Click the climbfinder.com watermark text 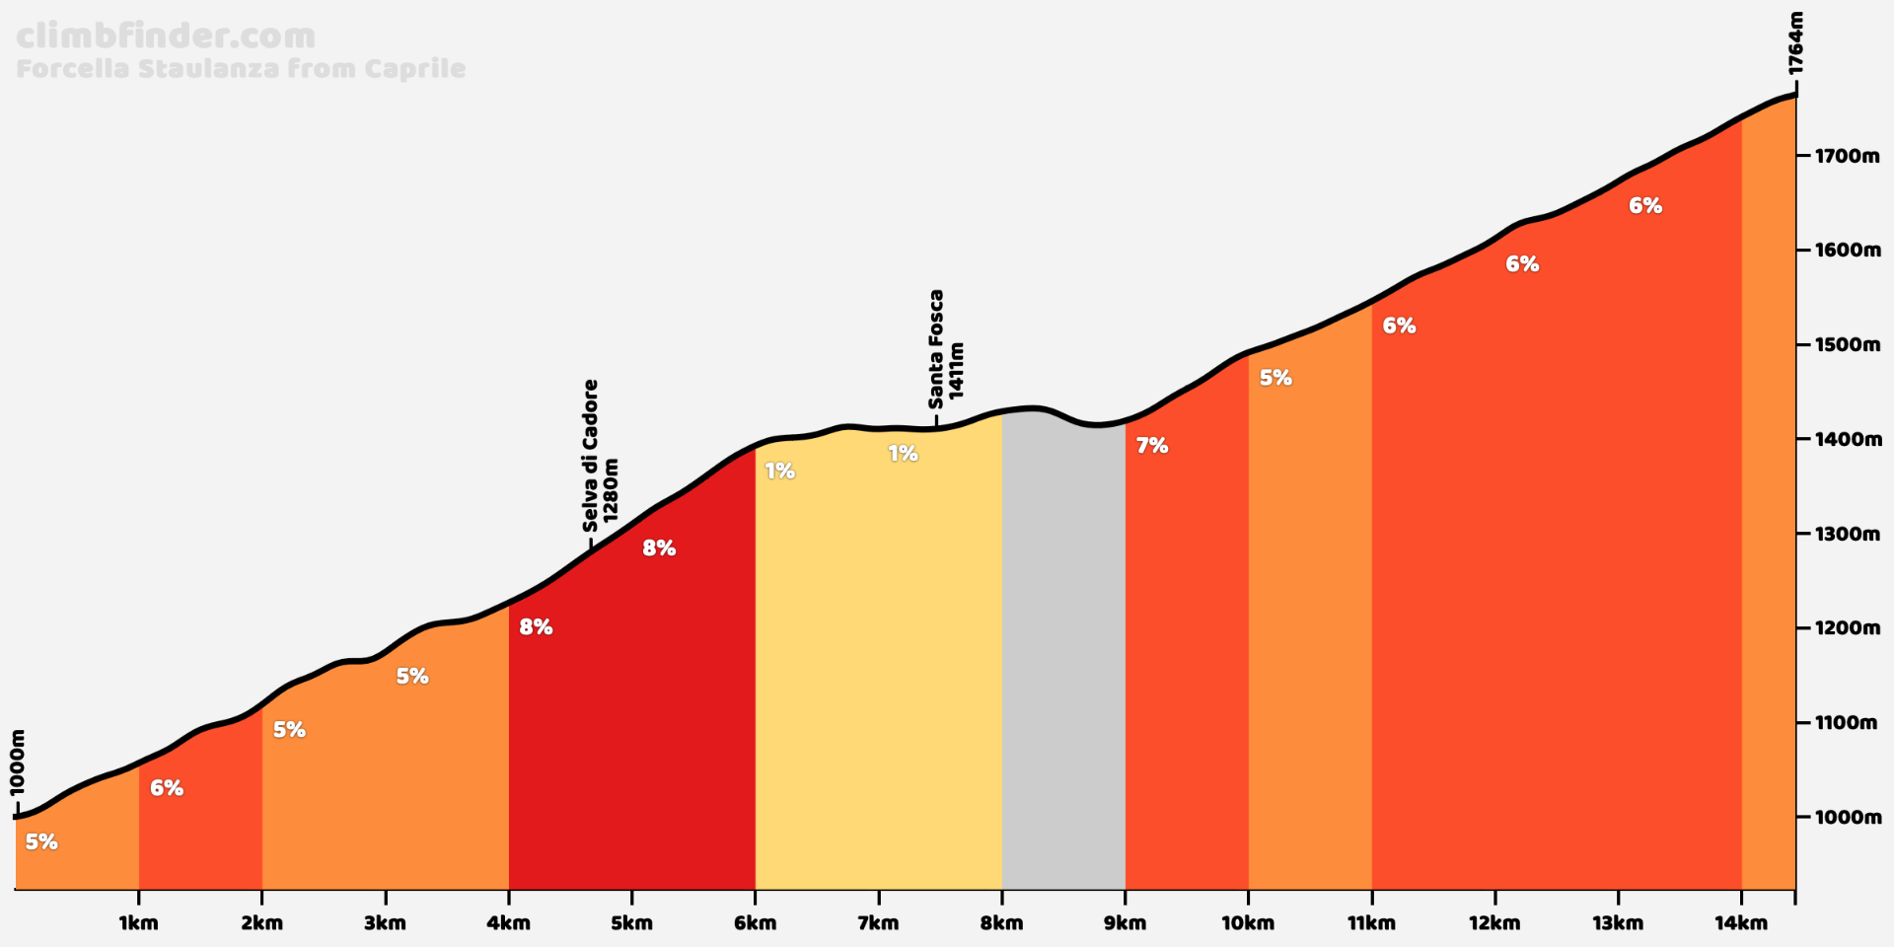[166, 36]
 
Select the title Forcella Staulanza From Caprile [241, 69]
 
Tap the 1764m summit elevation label [1795, 43]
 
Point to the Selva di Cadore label [590, 456]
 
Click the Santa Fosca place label [935, 349]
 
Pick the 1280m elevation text [611, 490]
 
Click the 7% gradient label [1151, 446]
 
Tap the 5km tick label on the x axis [631, 923]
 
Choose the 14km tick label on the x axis [1741, 923]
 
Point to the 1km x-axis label [138, 923]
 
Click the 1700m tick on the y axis [1848, 156]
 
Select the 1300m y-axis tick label [1848, 534]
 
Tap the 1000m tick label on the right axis [1848, 817]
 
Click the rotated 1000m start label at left [18, 763]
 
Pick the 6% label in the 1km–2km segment [167, 788]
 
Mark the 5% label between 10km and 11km [1275, 378]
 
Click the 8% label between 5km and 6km [659, 548]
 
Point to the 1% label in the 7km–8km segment [903, 454]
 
